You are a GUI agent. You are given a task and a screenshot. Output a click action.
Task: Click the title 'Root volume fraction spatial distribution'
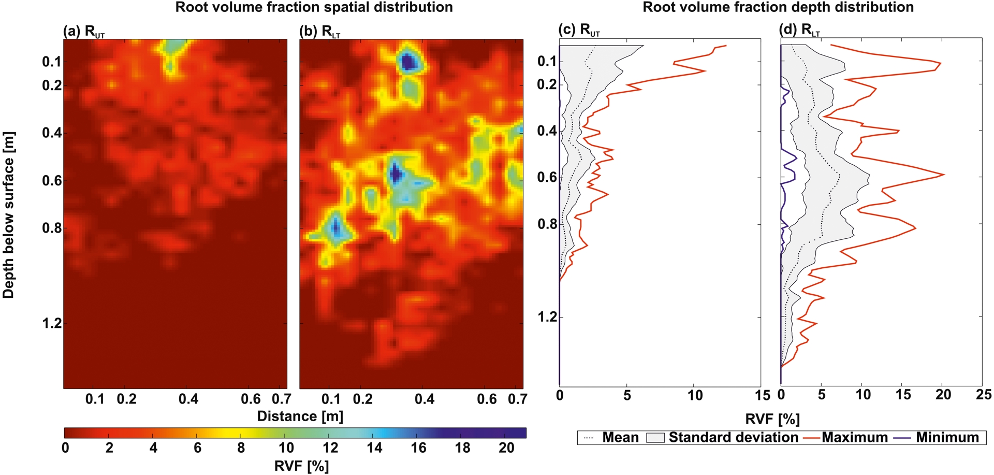point(314,7)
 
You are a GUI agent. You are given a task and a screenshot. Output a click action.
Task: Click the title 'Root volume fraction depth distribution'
point(778,7)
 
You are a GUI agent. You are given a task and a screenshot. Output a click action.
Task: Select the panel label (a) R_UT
point(83,32)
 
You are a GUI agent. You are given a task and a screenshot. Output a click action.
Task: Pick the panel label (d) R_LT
point(799,30)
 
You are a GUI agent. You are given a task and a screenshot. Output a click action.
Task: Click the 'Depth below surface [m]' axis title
point(9,215)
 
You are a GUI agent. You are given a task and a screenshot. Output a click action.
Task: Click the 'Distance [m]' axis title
point(300,416)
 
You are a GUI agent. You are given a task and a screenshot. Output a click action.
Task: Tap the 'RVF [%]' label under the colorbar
point(301,466)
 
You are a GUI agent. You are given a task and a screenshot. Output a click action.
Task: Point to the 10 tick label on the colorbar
point(286,448)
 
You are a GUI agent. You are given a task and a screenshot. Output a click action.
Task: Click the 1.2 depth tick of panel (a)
point(52,324)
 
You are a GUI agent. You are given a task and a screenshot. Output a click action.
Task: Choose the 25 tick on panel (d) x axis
point(983,395)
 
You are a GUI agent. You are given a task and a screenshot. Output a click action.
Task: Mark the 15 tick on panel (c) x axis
point(762,395)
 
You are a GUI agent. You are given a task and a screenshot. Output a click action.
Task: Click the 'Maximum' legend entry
point(854,438)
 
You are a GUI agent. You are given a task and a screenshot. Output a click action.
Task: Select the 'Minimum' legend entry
point(947,438)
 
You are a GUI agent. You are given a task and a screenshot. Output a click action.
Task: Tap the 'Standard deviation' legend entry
point(733,438)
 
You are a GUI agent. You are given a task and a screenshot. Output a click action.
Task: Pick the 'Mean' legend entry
point(620,438)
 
